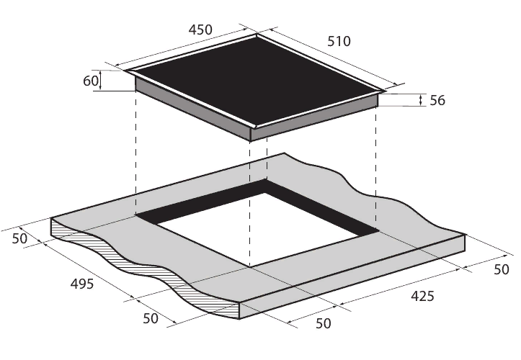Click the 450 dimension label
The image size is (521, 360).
200,30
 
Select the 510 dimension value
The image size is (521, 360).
339,41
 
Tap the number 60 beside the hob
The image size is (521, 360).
90,81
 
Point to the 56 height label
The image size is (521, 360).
437,100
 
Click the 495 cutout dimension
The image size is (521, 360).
82,284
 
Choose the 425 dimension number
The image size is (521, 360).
423,296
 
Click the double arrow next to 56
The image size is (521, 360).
421,100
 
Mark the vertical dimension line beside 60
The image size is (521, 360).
100,81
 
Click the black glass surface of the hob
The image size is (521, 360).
257,81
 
